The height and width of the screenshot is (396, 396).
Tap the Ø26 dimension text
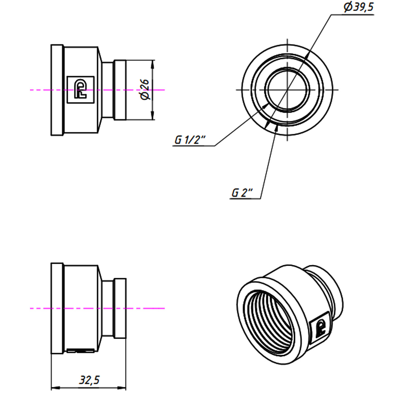pyautogui.click(x=145, y=90)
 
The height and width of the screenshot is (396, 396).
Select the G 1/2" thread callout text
pyautogui.click(x=189, y=140)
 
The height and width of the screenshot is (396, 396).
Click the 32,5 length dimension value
pyautogui.click(x=89, y=380)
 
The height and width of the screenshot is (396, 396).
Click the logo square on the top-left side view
pyautogui.click(x=81, y=90)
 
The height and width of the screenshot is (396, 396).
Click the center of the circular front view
pyautogui.click(x=287, y=89)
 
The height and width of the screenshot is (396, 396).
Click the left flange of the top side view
pyautogui.click(x=57, y=90)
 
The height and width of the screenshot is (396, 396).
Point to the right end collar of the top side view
pyautogui.click(x=120, y=90)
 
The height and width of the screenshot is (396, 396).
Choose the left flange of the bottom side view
pyautogui.click(x=57, y=308)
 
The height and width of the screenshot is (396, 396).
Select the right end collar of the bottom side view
pyautogui.click(x=120, y=308)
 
